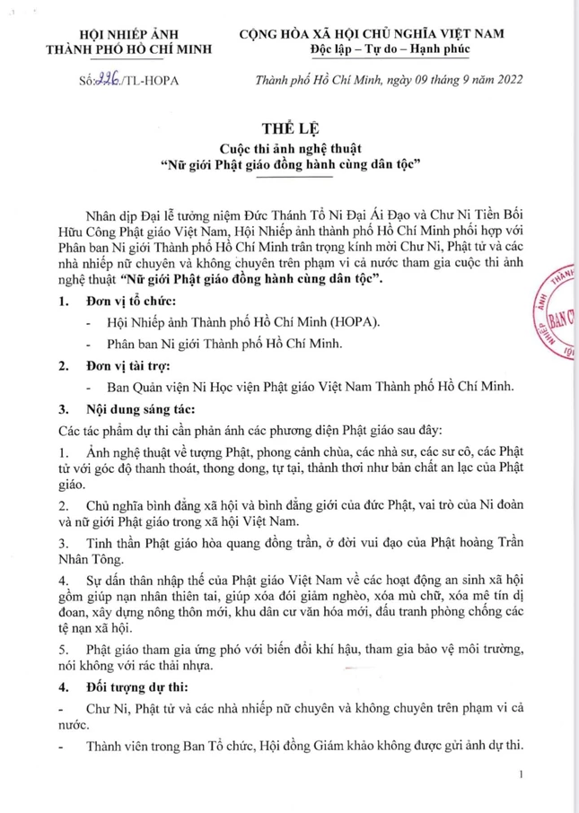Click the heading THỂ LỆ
tap(288, 126)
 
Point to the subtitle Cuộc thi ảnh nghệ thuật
tap(288, 146)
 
